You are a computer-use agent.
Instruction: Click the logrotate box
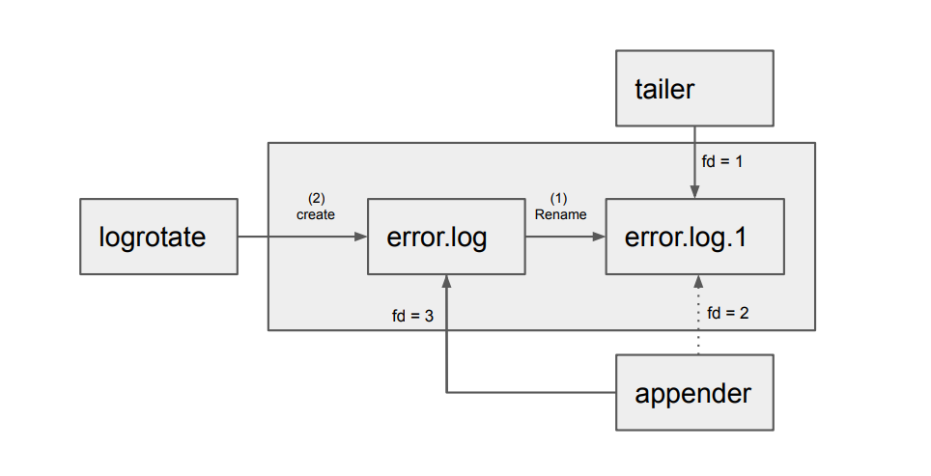click(158, 237)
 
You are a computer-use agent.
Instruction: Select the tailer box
click(694, 89)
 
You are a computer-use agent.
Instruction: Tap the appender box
click(694, 393)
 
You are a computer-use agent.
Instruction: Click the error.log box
click(445, 237)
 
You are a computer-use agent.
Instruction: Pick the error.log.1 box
click(694, 237)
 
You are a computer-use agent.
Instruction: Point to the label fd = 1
click(722, 162)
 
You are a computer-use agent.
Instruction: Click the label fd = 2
click(728, 313)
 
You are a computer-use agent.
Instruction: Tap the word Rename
click(561, 214)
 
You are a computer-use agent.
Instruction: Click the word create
click(316, 214)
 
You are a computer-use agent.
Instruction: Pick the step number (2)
click(316, 200)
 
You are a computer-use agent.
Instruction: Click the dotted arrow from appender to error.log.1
click(694, 323)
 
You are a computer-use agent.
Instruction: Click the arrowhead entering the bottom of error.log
click(446, 281)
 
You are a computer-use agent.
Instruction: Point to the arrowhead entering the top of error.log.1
click(694, 193)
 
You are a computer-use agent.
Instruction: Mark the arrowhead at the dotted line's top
click(694, 281)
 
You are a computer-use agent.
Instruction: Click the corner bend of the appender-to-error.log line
click(446, 392)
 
